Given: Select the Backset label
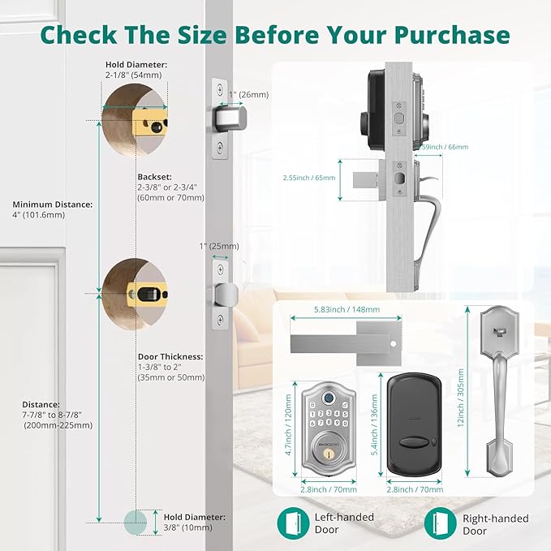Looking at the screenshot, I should pos(153,174).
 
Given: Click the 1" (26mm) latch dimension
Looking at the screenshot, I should pos(249,94).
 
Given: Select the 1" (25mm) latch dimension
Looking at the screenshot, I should pos(218,246).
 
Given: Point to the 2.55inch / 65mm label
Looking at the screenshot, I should pos(309,177).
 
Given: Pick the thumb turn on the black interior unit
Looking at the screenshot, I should pos(415,443).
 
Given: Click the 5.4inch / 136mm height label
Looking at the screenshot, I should pos(375,427).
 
